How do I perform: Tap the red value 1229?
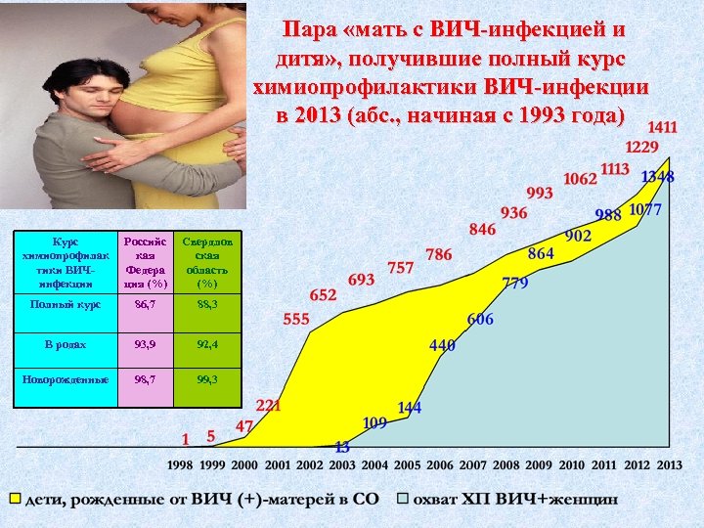click(x=641, y=147)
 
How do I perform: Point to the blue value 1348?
click(x=657, y=177)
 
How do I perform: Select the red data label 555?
click(x=296, y=319)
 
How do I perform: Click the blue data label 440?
click(x=442, y=345)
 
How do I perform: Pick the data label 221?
click(x=268, y=405)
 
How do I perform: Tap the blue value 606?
click(x=480, y=320)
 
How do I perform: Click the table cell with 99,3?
click(x=206, y=378)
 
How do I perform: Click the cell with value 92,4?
click(x=206, y=344)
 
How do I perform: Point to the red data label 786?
click(x=439, y=254)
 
